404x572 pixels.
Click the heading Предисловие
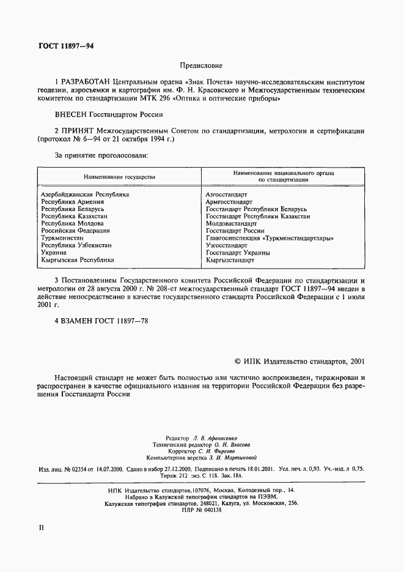pyautogui.click(x=202, y=65)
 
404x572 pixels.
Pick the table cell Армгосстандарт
pyautogui.click(x=229, y=202)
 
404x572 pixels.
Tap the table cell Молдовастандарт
pyautogui.click(x=231, y=224)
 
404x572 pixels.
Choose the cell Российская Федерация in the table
pyautogui.click(x=75, y=231)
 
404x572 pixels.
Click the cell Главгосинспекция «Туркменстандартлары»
pyautogui.click(x=270, y=239)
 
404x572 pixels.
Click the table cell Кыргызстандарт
pyautogui.click(x=230, y=260)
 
